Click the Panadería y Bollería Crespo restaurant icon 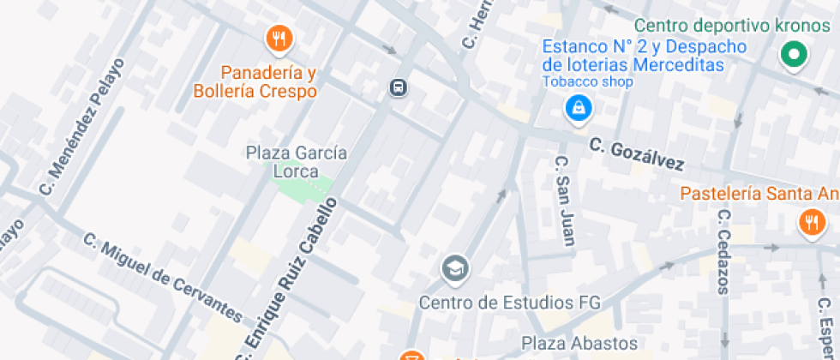[279, 38]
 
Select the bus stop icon [398, 87]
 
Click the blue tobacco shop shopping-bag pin [578, 108]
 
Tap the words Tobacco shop [587, 82]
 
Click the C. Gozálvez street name [637, 155]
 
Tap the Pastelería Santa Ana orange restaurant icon [810, 224]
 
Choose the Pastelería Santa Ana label [759, 194]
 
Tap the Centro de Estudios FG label [510, 303]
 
